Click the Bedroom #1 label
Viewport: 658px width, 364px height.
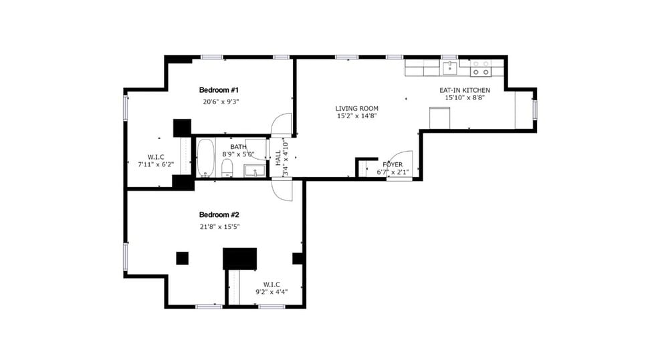[219, 89]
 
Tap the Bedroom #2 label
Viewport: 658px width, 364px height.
[219, 214]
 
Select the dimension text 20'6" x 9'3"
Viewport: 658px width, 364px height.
[221, 102]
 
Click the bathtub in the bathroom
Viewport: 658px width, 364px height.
[205, 157]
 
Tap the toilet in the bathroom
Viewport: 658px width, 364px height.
[227, 167]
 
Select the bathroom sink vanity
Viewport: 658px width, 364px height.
[253, 171]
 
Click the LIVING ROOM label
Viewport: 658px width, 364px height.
[357, 108]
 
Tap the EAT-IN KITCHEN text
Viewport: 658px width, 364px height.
[464, 90]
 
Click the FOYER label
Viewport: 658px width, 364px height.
[392, 164]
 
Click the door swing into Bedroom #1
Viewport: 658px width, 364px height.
[282, 124]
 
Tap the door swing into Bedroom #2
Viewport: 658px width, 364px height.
[282, 189]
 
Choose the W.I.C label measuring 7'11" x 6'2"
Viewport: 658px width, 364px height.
[156, 157]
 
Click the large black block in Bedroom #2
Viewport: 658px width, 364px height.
[239, 258]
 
